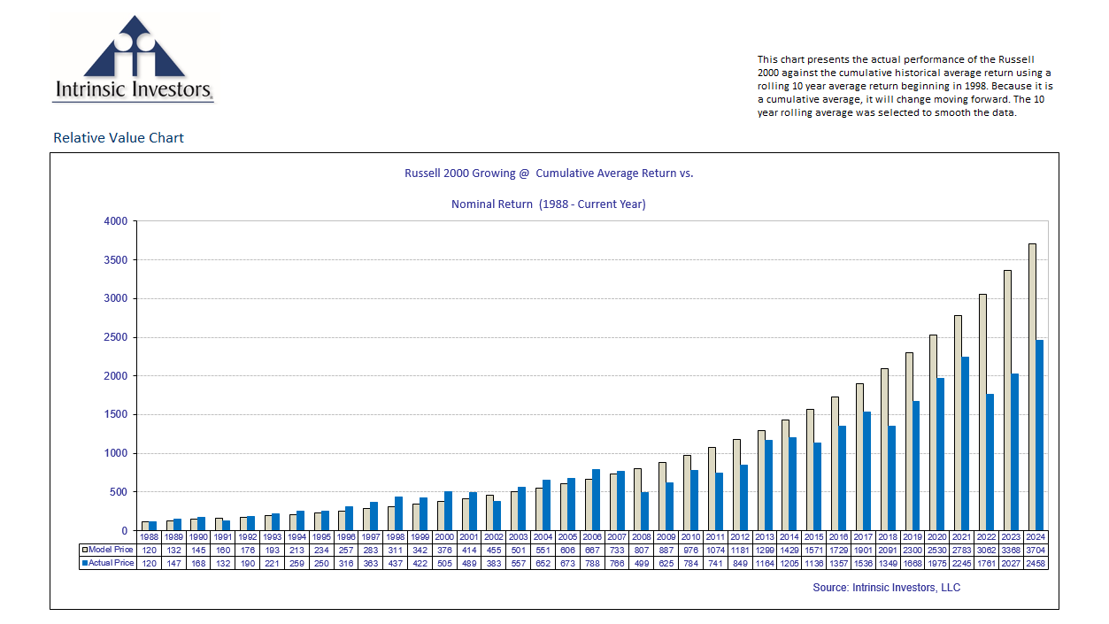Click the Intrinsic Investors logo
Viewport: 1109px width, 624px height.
click(x=133, y=58)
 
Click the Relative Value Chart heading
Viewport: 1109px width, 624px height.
click(x=119, y=137)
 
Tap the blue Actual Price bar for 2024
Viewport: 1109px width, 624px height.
click(x=1041, y=435)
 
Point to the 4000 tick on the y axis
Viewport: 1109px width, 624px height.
click(x=115, y=221)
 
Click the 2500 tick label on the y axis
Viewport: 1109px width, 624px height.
click(x=115, y=337)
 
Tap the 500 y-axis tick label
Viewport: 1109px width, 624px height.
click(x=119, y=492)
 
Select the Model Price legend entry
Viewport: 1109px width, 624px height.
click(x=108, y=551)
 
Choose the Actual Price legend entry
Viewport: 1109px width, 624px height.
click(x=108, y=563)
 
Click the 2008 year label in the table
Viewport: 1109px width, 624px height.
click(x=642, y=537)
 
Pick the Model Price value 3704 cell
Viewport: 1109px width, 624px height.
click(x=1036, y=551)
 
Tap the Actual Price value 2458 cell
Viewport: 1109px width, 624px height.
click(x=1036, y=563)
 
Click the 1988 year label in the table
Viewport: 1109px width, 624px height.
click(x=150, y=537)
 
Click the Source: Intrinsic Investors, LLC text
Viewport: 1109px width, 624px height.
click(x=886, y=588)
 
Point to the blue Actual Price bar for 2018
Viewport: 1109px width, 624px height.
click(x=892, y=478)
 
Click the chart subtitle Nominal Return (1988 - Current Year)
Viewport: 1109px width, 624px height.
click(x=548, y=204)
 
